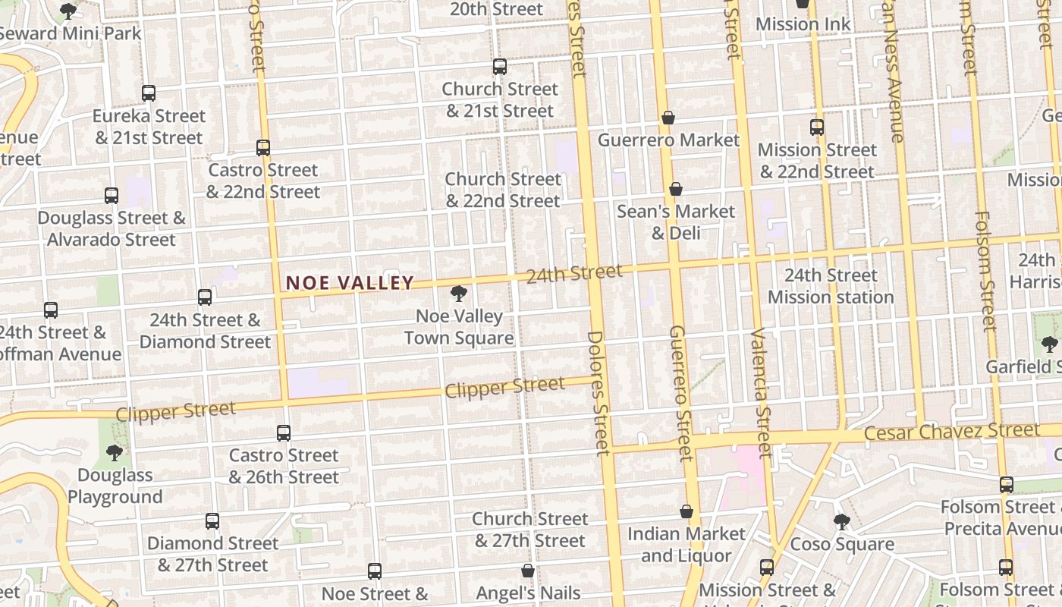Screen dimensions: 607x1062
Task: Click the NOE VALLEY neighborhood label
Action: pyautogui.click(x=350, y=283)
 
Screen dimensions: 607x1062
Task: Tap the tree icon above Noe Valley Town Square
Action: pyautogui.click(x=458, y=293)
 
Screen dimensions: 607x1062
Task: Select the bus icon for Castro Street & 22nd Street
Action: pyautogui.click(x=263, y=148)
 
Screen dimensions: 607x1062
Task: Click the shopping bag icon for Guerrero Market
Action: pyautogui.click(x=668, y=118)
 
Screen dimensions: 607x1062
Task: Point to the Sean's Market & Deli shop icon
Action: pyautogui.click(x=675, y=189)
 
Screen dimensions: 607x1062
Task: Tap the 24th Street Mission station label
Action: pyautogui.click(x=831, y=286)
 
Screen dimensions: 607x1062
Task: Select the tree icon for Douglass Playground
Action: pyautogui.click(x=115, y=453)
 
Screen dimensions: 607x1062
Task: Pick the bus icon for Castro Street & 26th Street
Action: pyautogui.click(x=284, y=433)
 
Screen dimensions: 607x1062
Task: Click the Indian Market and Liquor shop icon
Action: pyautogui.click(x=687, y=511)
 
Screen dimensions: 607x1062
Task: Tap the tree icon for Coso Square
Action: pyautogui.click(x=841, y=521)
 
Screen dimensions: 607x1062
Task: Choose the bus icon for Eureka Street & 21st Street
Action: pyautogui.click(x=149, y=93)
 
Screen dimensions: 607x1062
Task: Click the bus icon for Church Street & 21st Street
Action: pyautogui.click(x=500, y=67)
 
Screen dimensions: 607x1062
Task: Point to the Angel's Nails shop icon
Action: pyautogui.click(x=528, y=571)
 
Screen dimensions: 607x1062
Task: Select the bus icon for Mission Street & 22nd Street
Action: pyautogui.click(x=817, y=127)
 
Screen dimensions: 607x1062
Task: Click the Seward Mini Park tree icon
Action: pyautogui.click(x=68, y=11)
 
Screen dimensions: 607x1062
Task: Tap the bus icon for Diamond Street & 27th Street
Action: pyautogui.click(x=212, y=521)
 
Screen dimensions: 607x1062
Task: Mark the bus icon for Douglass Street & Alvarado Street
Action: pyautogui.click(x=112, y=196)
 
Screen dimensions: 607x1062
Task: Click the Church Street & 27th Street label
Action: pyautogui.click(x=530, y=530)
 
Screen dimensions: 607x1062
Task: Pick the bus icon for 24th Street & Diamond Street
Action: pyautogui.click(x=205, y=297)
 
